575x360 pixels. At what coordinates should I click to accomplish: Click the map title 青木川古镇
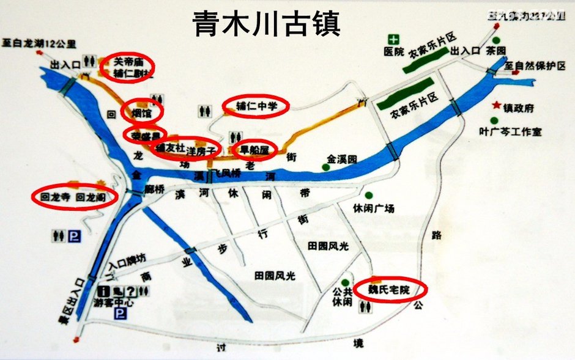267,24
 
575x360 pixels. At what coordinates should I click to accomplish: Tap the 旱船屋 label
254,149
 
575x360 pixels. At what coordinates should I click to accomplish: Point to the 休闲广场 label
373,208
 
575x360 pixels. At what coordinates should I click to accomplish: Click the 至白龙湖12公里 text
47,43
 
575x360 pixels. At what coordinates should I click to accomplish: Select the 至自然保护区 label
539,65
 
